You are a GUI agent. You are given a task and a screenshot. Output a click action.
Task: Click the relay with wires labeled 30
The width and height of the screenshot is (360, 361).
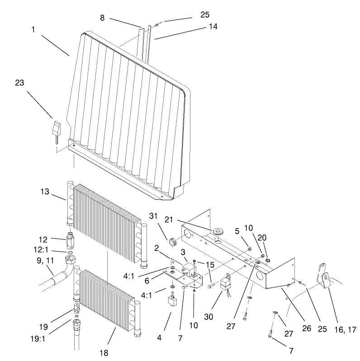[x=224, y=284]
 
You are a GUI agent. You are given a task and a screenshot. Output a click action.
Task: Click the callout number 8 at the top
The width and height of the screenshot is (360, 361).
[x=102, y=18]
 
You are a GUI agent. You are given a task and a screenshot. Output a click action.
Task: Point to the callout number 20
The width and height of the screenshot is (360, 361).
[x=261, y=237]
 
